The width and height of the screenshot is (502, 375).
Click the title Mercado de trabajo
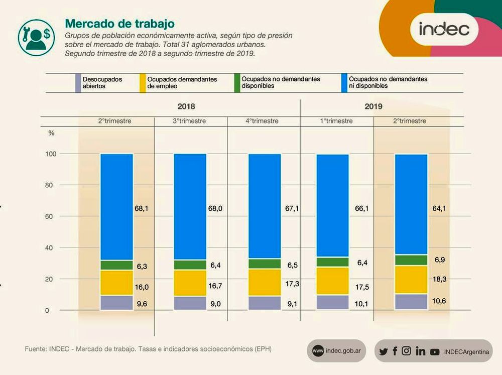[x=119, y=24]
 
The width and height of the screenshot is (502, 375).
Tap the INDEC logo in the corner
[x=444, y=29]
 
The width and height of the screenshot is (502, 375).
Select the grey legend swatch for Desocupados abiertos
[x=78, y=82]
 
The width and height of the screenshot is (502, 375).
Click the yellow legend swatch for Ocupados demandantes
[x=143, y=82]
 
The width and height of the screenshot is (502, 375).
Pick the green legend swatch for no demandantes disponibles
[x=237, y=82]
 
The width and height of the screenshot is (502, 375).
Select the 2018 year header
[x=186, y=106]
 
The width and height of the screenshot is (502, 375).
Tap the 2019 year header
[x=373, y=106]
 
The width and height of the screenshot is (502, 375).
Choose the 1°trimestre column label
[x=336, y=121]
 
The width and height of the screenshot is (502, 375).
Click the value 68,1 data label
[x=141, y=208]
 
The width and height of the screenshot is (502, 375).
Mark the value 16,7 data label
[x=215, y=287]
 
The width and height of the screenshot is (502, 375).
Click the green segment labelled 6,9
[x=411, y=260]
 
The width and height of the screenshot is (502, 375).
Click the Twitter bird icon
[x=384, y=351]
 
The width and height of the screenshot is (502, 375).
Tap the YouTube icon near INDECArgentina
[x=435, y=352]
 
